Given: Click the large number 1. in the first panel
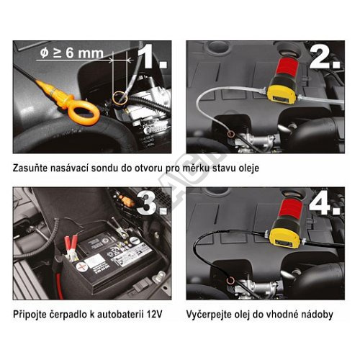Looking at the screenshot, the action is pos(152,56).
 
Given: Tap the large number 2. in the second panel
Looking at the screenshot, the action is pos(325,57).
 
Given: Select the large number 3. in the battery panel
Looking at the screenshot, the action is pos(152,204).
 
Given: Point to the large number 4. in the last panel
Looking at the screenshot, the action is pos(325,204).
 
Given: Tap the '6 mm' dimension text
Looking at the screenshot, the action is pos(84,53).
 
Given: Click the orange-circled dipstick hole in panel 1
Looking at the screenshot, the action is pos(120,97).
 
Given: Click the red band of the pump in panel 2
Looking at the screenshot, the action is pos(288,66).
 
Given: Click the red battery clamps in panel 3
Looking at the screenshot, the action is pos(71,247).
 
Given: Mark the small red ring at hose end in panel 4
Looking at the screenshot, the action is pos(231,279).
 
